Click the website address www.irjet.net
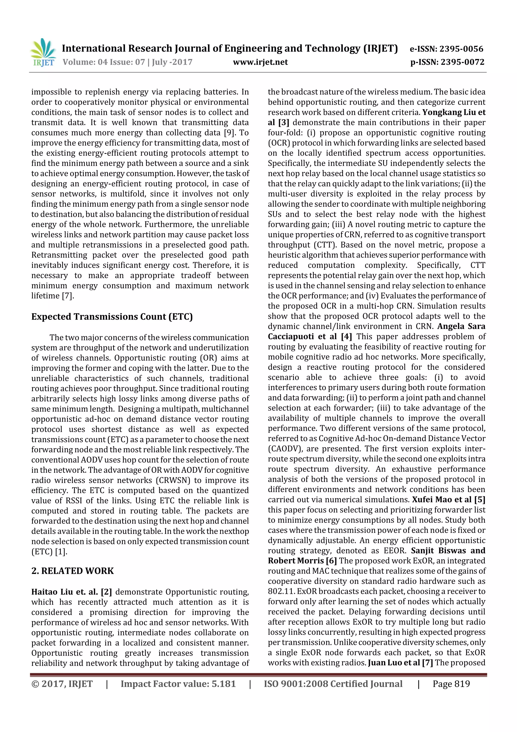[x=260, y=62]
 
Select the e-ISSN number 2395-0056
[x=461, y=49]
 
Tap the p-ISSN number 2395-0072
[x=462, y=62]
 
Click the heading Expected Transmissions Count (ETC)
[x=112, y=317]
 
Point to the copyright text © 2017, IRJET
[x=62, y=684]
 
